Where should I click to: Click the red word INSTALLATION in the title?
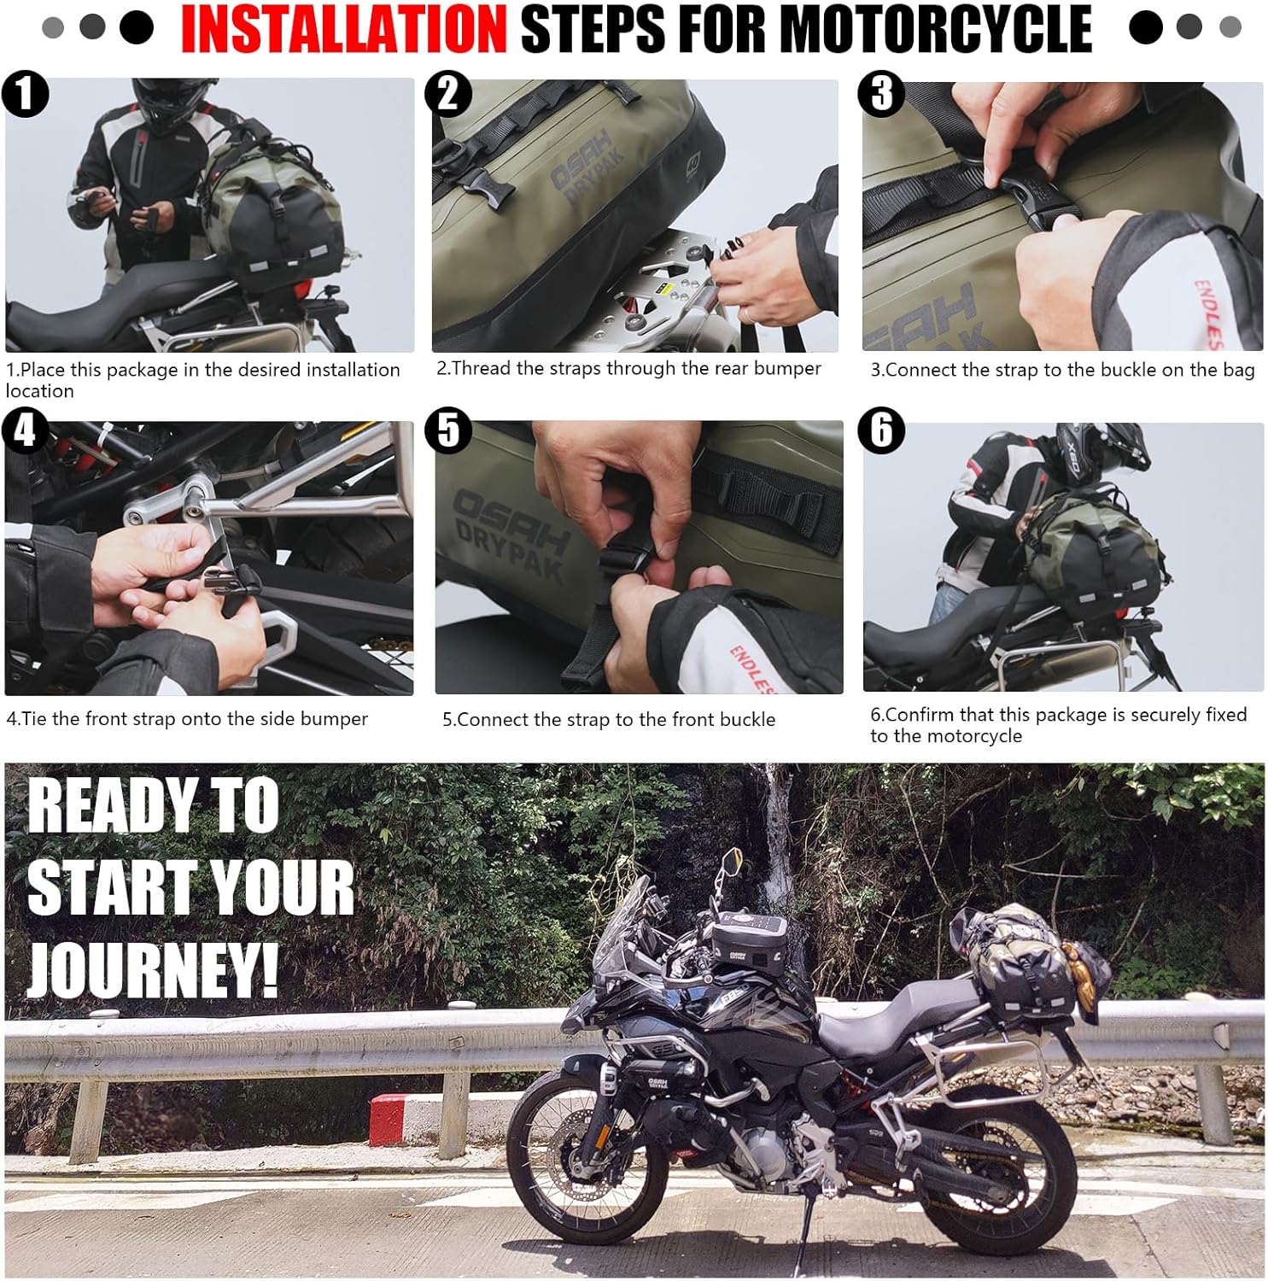343,29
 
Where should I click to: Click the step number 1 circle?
25,94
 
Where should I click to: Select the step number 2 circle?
448,94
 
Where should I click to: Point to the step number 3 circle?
881,94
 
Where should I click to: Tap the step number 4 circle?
25,430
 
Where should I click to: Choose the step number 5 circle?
448,430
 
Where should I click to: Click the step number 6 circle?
881,430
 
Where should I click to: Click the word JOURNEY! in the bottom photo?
154,969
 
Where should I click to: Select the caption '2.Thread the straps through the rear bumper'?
628,368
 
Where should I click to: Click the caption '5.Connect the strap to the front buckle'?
609,720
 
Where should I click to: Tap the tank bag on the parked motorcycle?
744,939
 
